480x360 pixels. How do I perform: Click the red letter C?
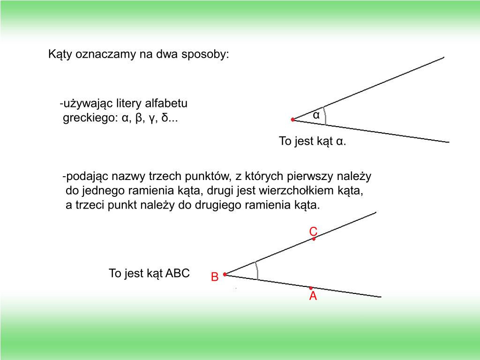[313, 231]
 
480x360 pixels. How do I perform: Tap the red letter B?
[215, 277]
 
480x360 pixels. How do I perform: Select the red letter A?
[313, 296]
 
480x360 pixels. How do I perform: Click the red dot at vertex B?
[225, 274]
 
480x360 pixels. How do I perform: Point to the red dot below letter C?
[314, 239]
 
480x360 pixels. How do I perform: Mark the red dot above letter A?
[311, 288]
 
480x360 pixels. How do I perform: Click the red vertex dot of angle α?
[292, 120]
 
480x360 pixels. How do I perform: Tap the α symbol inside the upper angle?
[316, 115]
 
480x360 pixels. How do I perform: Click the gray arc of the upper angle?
[324, 115]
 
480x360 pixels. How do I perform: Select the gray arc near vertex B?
[257, 270]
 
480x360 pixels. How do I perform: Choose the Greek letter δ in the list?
[164, 118]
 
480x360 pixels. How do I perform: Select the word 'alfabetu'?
[168, 104]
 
